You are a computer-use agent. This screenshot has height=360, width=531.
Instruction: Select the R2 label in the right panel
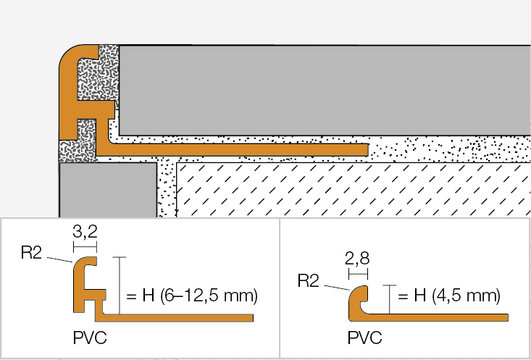point(309,280)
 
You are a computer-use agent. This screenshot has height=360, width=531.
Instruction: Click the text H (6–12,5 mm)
point(191,296)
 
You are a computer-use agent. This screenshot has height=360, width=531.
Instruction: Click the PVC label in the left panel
point(90,338)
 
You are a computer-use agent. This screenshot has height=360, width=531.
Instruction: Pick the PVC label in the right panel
point(364,338)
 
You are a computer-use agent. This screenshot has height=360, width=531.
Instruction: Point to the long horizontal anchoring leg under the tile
point(239,148)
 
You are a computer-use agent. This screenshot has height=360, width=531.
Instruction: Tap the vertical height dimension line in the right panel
point(389,299)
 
